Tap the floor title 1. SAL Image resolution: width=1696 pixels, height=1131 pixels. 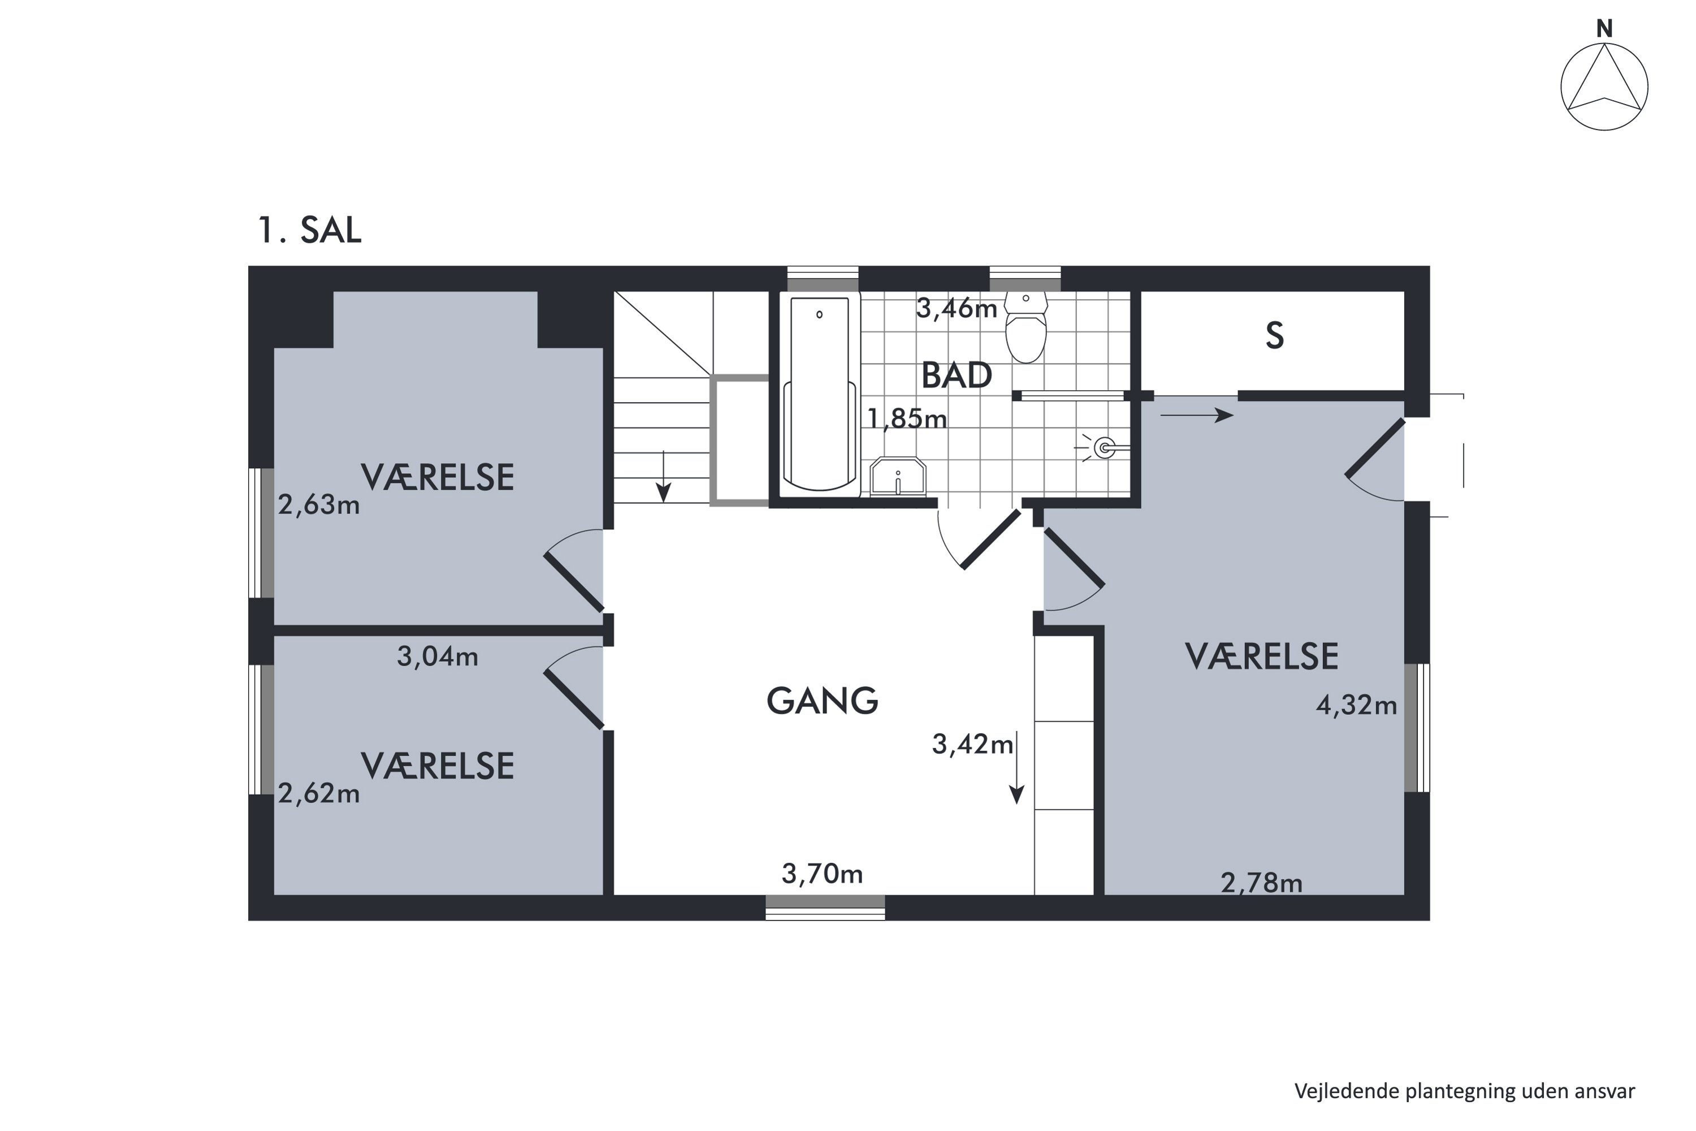pos(309,230)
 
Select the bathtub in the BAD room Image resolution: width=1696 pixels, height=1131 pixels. pos(819,392)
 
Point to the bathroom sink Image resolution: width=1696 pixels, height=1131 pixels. pos(897,476)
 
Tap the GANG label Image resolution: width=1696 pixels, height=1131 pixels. pos(822,701)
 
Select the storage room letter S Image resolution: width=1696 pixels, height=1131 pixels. pos(1274,336)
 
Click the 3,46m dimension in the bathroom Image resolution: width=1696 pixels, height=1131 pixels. pos(956,309)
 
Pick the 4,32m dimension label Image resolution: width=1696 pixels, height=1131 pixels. pos(1356,705)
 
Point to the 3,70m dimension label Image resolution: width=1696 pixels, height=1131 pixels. pos(822,874)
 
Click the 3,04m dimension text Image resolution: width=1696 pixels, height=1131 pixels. pos(437,657)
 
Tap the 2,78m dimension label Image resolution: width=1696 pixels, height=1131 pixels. pos(1261,883)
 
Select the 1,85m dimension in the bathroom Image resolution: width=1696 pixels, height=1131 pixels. pos(906,418)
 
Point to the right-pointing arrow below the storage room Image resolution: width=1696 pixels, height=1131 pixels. pos(1196,415)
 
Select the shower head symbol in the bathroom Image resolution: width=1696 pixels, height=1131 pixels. pos(1104,448)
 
